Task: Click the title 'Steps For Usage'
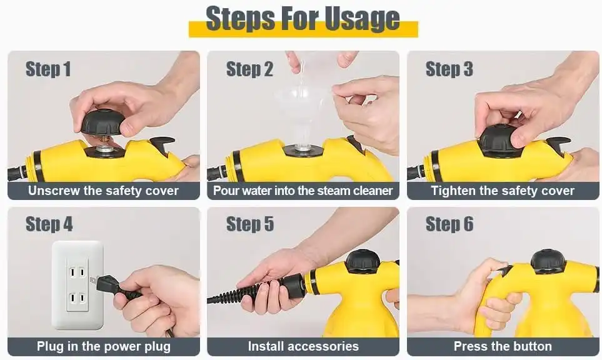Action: point(303,18)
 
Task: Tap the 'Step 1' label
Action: point(48,69)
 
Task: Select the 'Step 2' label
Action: point(249,69)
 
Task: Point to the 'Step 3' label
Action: point(449,69)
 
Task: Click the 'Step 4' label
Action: point(49,224)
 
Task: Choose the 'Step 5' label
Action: point(250,224)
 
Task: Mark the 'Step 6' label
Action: point(449,224)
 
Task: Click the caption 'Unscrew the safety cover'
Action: point(103,191)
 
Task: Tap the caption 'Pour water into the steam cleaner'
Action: point(303,191)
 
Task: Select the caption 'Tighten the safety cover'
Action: point(503,191)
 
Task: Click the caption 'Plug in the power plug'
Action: point(104,346)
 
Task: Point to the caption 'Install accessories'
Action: point(303,346)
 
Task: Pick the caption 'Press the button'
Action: point(503,346)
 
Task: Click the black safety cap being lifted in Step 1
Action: point(103,122)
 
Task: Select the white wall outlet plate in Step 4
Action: point(78,285)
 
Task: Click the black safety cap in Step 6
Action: point(548,261)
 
